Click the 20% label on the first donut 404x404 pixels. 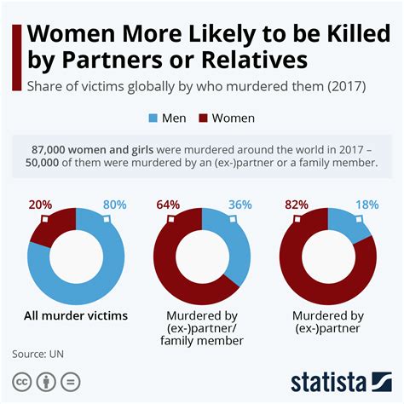tap(40, 205)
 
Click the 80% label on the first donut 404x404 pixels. tap(115, 205)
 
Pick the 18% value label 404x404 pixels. tap(366, 205)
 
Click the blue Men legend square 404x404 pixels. tap(154, 118)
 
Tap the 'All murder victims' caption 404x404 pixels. tap(76, 316)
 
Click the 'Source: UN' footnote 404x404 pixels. tap(38, 353)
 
